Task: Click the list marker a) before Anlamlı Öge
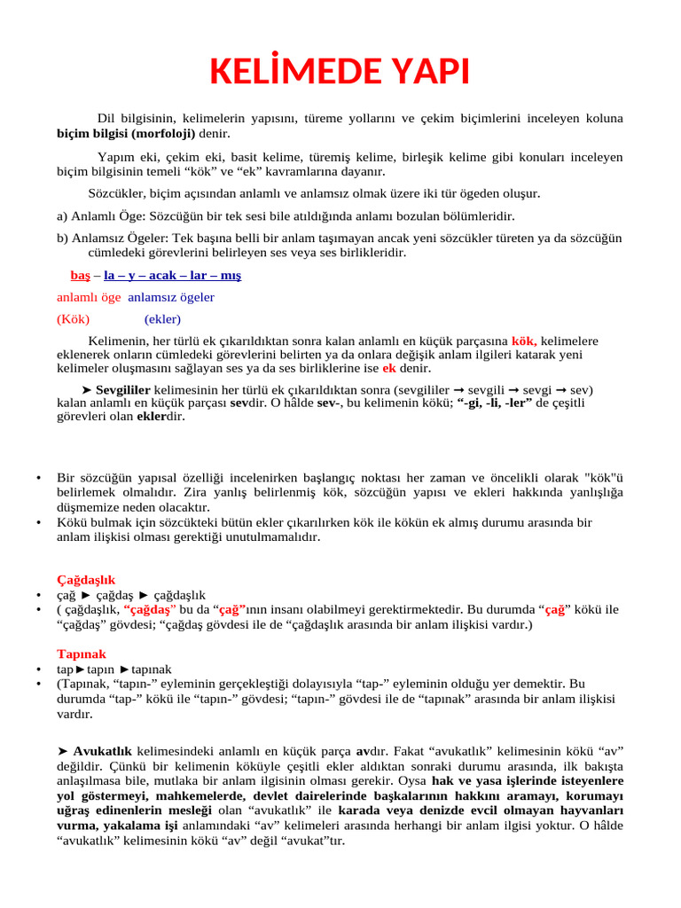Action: (x=62, y=215)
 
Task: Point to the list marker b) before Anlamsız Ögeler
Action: (x=62, y=238)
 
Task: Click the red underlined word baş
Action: (x=80, y=275)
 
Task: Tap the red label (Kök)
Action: (x=73, y=319)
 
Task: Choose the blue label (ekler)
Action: (x=162, y=319)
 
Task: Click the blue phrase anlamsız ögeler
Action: (x=171, y=297)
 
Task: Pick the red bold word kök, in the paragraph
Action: (x=524, y=340)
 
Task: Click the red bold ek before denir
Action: (x=388, y=368)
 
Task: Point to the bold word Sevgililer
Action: (x=122, y=389)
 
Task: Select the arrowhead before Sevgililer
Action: (x=86, y=389)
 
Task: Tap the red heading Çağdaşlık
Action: (x=86, y=579)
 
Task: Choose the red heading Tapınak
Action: (x=82, y=654)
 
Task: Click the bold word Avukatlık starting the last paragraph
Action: (x=104, y=750)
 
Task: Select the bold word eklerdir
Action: (x=160, y=416)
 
